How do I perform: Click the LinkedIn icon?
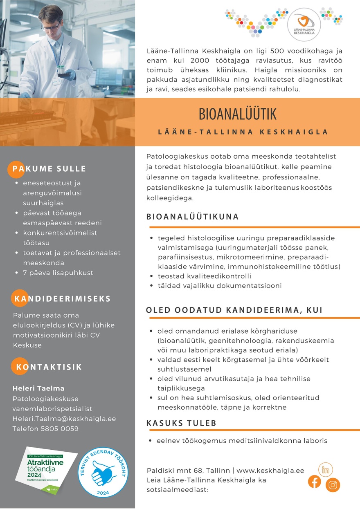tap(326, 470)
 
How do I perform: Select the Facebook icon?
tap(315, 481)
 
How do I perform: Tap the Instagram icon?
tap(333, 485)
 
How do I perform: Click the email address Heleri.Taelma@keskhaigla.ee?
tap(64, 419)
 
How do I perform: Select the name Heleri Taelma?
tap(38, 388)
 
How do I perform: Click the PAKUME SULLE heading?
tap(49, 168)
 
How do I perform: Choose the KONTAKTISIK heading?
tap(49, 367)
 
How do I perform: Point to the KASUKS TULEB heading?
tap(181, 423)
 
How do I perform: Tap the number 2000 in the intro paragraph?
tap(191, 61)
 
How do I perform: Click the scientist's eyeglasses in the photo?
tap(50, 27)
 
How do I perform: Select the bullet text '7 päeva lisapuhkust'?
tap(58, 272)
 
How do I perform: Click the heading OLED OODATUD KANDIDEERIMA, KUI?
tap(234, 310)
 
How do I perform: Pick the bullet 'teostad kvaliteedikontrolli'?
tap(205, 276)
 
